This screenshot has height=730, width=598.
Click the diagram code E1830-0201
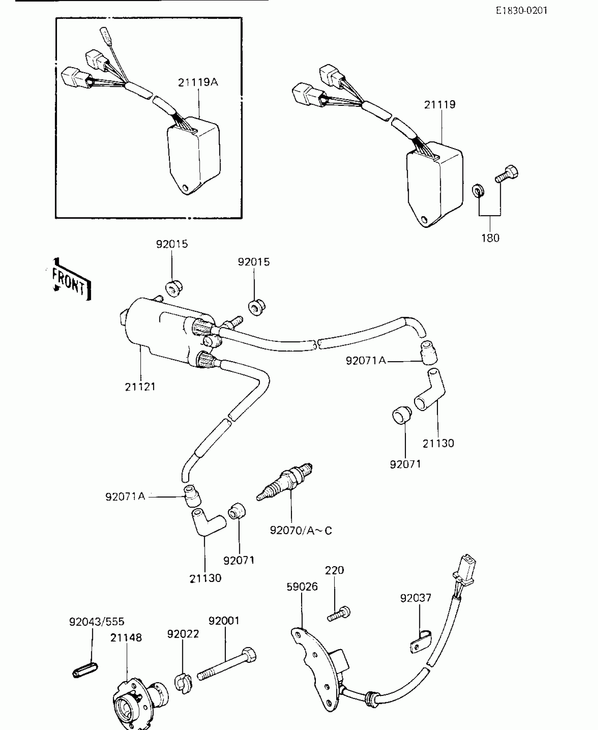point(522,11)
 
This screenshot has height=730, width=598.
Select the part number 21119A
point(198,82)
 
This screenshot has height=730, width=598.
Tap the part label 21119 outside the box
point(439,105)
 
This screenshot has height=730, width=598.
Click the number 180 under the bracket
point(490,238)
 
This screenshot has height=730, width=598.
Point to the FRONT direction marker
point(69,281)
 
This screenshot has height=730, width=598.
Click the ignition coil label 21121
point(140,387)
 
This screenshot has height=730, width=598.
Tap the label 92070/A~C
point(301,530)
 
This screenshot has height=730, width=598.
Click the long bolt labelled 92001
point(227,664)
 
